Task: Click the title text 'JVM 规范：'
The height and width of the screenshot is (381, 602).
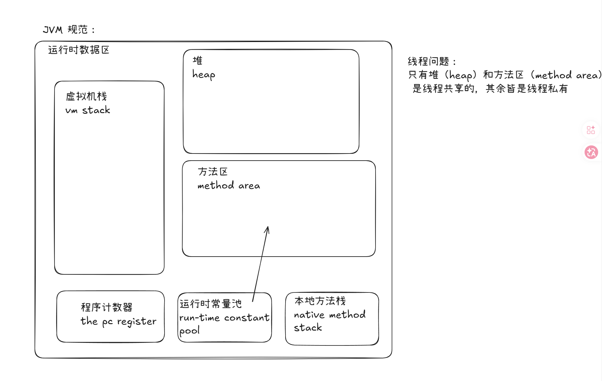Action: [69, 30]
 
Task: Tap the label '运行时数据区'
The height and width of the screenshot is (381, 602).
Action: [79, 50]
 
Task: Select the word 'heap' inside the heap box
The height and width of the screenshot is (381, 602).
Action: [204, 75]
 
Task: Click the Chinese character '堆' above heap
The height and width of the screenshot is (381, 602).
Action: [197, 60]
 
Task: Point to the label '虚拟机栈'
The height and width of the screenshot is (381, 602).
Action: [86, 96]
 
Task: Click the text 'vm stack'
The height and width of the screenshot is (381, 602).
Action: [88, 110]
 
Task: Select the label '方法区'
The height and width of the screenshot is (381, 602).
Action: [213, 172]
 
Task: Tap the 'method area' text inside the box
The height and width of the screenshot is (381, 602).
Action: [229, 185]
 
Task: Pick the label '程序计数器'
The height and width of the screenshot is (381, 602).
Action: [106, 307]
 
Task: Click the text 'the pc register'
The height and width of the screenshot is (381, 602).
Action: [118, 321]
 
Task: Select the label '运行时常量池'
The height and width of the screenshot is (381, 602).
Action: [210, 304]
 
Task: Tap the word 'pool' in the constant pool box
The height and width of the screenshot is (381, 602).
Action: [189, 331]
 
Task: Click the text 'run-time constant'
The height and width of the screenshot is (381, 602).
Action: [224, 318]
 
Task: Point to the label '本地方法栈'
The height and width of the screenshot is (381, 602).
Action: [320, 301]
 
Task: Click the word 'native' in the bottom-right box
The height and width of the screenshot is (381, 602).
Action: [309, 314]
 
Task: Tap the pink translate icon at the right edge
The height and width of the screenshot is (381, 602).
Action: [591, 152]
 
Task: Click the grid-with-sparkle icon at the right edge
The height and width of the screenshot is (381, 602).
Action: [591, 130]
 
